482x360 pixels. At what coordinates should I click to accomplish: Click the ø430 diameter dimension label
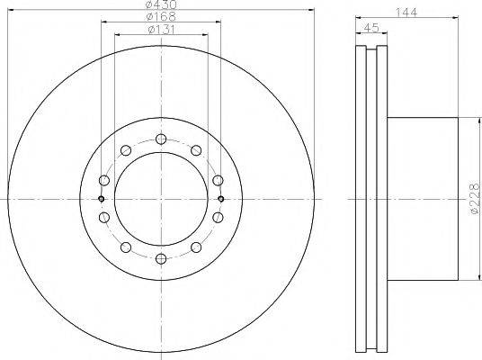coord(161,4)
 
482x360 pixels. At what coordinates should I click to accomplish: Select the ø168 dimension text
coord(161,16)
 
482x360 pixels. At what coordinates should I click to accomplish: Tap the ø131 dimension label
coord(161,30)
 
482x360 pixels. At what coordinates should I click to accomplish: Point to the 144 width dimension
coord(406,13)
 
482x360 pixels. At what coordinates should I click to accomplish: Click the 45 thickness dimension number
coord(370,28)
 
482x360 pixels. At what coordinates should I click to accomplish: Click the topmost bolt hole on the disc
coord(161,139)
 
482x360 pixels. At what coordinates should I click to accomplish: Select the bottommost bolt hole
coord(161,259)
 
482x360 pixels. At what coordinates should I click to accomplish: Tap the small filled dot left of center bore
coord(101,199)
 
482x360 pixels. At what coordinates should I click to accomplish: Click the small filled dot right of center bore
coord(220,199)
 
